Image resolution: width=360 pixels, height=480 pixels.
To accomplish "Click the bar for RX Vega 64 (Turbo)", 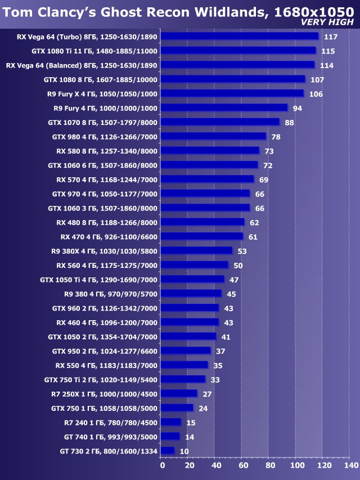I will click(x=239, y=37).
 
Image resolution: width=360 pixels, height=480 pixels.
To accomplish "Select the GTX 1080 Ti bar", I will click(x=238, y=51).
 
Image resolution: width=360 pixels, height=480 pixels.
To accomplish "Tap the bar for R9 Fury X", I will click(x=232, y=93).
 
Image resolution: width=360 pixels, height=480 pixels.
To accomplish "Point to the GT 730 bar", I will click(x=167, y=451).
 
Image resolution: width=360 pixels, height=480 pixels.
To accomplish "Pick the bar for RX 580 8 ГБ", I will click(x=209, y=151).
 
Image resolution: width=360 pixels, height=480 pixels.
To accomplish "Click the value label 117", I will click(x=331, y=37).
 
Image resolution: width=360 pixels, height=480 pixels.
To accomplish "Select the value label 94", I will click(x=298, y=108).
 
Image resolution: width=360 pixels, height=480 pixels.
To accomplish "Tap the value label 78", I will click(x=276, y=137).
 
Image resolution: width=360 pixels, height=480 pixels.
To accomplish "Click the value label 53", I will click(x=242, y=251).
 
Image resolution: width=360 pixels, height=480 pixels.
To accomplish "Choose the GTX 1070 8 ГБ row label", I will click(x=103, y=122).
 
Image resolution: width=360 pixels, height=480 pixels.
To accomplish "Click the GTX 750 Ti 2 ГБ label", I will click(x=101, y=379).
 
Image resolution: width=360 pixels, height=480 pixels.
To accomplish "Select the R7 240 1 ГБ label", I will click(x=111, y=422).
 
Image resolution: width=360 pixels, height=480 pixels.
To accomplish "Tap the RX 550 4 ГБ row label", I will click(x=107, y=365).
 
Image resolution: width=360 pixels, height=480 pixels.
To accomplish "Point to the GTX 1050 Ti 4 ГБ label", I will click(x=99, y=279).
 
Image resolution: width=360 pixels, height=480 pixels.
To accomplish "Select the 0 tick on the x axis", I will click(x=162, y=465).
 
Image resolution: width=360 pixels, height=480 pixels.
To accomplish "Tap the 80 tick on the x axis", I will click(x=270, y=465).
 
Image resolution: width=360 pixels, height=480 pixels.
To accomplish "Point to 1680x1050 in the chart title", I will click(x=314, y=10).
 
